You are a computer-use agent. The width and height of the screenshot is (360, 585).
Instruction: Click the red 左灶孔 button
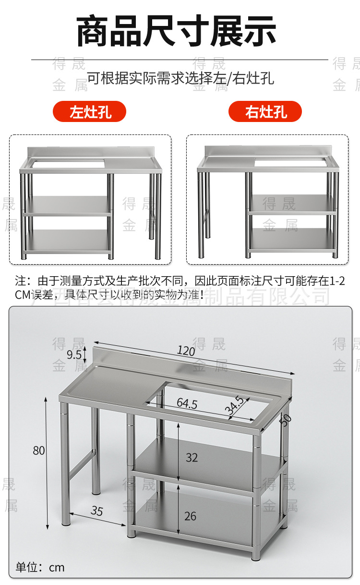point(90,111)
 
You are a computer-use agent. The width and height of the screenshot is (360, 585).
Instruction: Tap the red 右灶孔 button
point(265,111)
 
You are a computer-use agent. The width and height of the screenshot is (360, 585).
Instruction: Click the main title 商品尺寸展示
point(177,32)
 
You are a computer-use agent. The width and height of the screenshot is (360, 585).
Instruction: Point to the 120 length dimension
point(186,351)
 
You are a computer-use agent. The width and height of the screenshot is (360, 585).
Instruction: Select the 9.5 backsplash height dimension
point(74,355)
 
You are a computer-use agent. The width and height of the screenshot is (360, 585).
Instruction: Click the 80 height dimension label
point(39,451)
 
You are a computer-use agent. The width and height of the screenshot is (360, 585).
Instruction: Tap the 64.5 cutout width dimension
point(187,403)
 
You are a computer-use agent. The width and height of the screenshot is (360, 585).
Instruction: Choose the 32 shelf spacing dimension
point(192,458)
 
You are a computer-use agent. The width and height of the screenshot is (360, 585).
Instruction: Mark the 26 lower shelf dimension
point(191,516)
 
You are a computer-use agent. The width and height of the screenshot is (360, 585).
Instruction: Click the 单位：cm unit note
point(40,567)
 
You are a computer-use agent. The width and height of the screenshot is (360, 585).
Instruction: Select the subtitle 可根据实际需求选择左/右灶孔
point(180,78)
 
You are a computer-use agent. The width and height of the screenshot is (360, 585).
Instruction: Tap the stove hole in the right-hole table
point(291,162)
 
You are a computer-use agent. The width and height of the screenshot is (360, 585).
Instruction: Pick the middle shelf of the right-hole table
point(292,204)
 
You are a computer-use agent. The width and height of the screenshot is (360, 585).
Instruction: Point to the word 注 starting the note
point(20,280)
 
